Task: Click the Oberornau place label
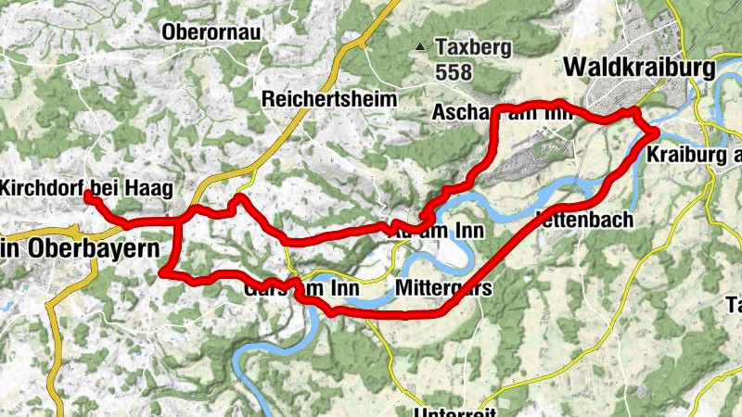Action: pyautogui.click(x=212, y=32)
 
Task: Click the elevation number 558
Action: pyautogui.click(x=452, y=71)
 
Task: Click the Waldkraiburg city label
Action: pyautogui.click(x=641, y=69)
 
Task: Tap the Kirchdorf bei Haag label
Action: pyautogui.click(x=87, y=188)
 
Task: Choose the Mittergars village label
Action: pyautogui.click(x=443, y=288)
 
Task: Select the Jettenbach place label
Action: pyautogui.click(x=585, y=221)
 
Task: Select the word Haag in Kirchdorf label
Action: pyautogui.click(x=152, y=188)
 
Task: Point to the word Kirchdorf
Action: pyautogui.click(x=44, y=188)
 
